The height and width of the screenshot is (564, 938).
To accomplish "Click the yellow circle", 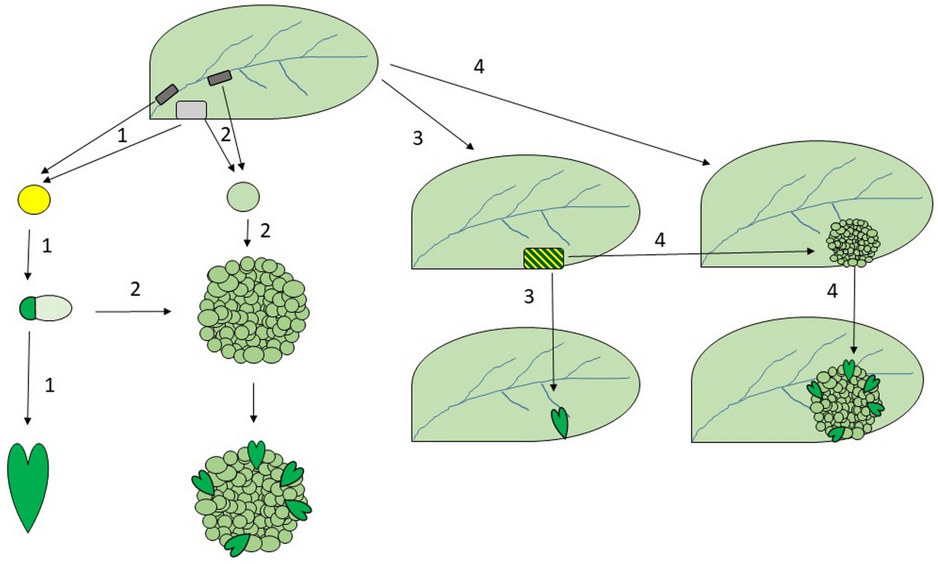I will [x=34, y=200].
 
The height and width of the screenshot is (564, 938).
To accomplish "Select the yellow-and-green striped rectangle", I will [x=544, y=258].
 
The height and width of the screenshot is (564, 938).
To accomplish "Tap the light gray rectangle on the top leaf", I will [x=191, y=110].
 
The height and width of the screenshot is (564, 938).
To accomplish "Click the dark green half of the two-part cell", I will [x=27, y=308].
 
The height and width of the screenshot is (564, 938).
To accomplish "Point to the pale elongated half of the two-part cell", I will [x=53, y=308].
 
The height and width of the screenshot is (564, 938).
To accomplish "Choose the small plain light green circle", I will [x=243, y=197].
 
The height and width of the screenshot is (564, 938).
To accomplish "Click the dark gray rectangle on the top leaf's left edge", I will [x=167, y=94].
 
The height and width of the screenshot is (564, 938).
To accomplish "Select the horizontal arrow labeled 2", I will [x=133, y=311].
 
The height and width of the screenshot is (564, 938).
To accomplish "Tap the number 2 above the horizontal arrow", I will [x=135, y=289].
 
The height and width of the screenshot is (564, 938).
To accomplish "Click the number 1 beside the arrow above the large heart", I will [x=50, y=385].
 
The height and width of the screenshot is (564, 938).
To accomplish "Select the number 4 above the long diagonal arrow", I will [x=479, y=66].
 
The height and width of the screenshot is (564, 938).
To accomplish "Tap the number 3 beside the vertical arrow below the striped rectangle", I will [x=529, y=297].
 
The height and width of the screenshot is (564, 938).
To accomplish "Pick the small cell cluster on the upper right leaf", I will [x=853, y=242].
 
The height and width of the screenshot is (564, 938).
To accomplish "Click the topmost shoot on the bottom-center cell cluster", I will [x=256, y=452].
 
